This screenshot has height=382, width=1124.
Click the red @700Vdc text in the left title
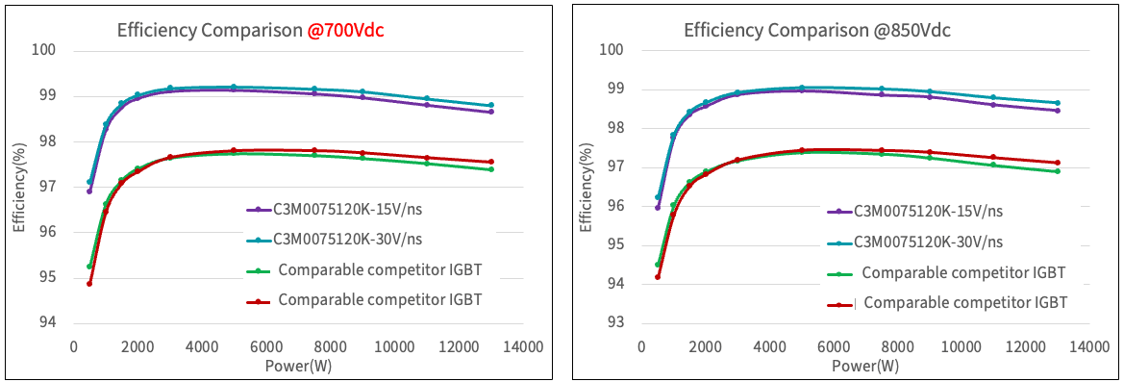pyautogui.click(x=346, y=30)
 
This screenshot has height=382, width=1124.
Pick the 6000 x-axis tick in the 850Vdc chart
pyautogui.click(x=833, y=346)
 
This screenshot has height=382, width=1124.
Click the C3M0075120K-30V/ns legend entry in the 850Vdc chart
pyautogui.click(x=928, y=241)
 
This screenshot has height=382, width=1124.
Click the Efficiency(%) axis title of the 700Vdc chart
pyautogui.click(x=19, y=187)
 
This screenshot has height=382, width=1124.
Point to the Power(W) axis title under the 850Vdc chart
pyautogui.click(x=865, y=366)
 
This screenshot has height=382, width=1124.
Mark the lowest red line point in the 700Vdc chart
pyautogui.click(x=89, y=283)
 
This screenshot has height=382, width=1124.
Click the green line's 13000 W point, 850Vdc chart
pyautogui.click(x=1058, y=171)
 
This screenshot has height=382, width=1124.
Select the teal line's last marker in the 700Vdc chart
pyautogui.click(x=490, y=105)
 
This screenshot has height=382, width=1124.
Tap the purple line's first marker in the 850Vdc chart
pyautogui.click(x=658, y=207)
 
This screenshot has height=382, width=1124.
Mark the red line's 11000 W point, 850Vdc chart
pyautogui.click(x=993, y=157)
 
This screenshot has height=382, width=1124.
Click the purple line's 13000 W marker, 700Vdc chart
pyautogui.click(x=490, y=112)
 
